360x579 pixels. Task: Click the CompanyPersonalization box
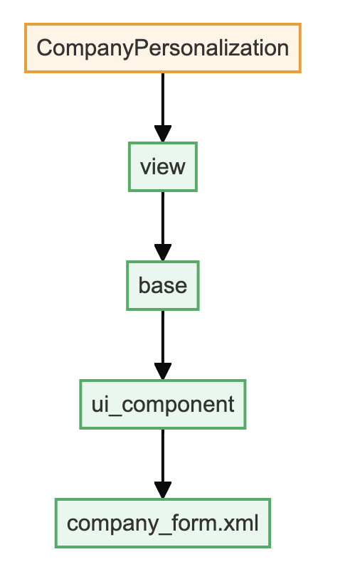point(163,48)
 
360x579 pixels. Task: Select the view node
point(163,167)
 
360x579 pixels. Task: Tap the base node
point(163,285)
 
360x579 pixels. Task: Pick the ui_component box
point(163,404)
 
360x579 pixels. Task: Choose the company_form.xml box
point(163,524)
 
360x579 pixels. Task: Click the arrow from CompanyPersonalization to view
point(163,107)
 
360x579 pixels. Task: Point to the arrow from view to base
point(163,226)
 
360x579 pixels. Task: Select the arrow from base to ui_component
point(163,345)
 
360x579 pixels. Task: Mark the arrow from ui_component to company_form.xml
point(163,464)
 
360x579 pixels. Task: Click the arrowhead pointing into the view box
point(163,134)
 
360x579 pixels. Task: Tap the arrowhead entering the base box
point(163,253)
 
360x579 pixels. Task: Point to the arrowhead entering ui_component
point(163,371)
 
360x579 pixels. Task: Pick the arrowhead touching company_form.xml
point(163,490)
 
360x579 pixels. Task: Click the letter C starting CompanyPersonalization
point(44,48)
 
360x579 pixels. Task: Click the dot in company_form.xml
point(218,530)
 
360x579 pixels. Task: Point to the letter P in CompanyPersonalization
point(140,48)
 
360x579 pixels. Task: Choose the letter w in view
point(178,168)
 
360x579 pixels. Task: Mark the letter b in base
point(145,285)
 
